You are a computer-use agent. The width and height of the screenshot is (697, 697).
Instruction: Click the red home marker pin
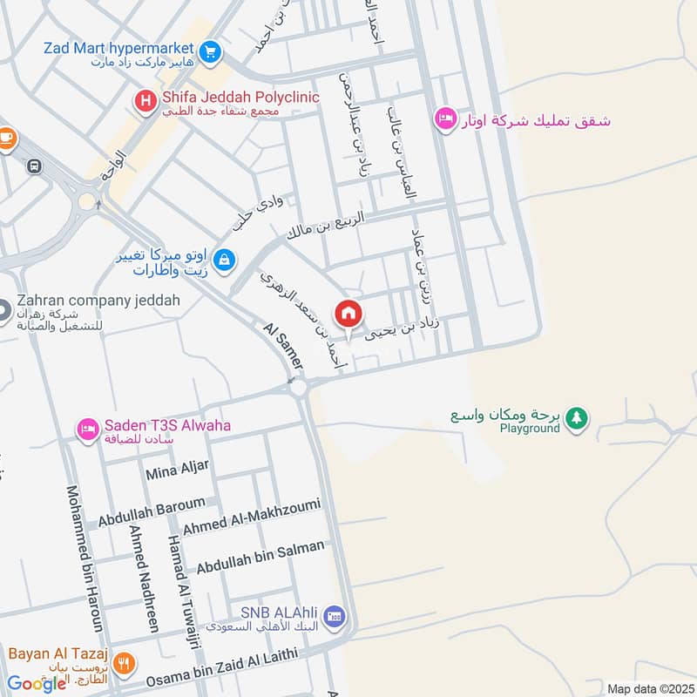[x=348, y=314]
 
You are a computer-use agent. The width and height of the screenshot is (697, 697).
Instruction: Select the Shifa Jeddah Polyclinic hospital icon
[x=145, y=103]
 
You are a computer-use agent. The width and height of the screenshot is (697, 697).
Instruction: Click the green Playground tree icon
[x=575, y=419]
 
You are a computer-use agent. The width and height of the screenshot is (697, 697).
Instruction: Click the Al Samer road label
[x=282, y=345]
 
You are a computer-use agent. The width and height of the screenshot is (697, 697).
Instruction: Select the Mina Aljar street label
[x=178, y=470]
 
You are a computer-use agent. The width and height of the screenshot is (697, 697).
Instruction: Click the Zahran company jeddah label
[x=96, y=301]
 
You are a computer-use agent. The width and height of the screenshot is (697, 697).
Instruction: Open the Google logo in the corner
[x=37, y=683]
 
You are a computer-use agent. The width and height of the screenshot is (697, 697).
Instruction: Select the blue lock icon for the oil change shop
[x=225, y=260]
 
